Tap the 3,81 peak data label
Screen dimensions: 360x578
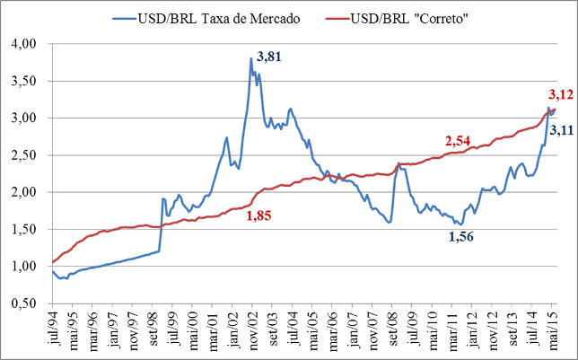(269, 57)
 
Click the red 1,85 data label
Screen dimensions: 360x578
(260, 215)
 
